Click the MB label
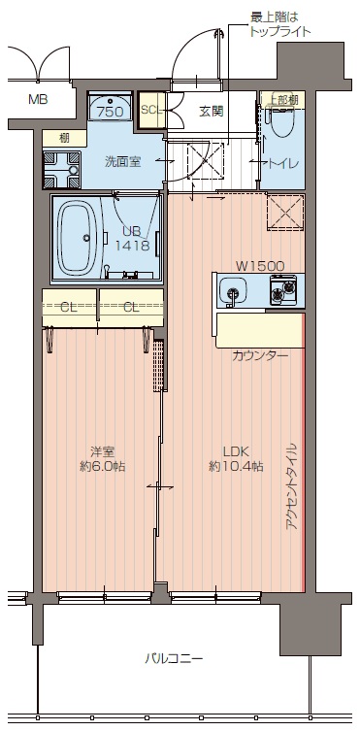(37, 99)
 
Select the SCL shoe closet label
(150, 110)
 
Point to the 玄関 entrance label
(211, 111)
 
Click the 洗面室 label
(123, 161)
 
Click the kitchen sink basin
(233, 289)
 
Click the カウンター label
(260, 355)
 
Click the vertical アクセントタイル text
(290, 485)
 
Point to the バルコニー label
(174, 658)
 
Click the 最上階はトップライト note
(280, 24)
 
